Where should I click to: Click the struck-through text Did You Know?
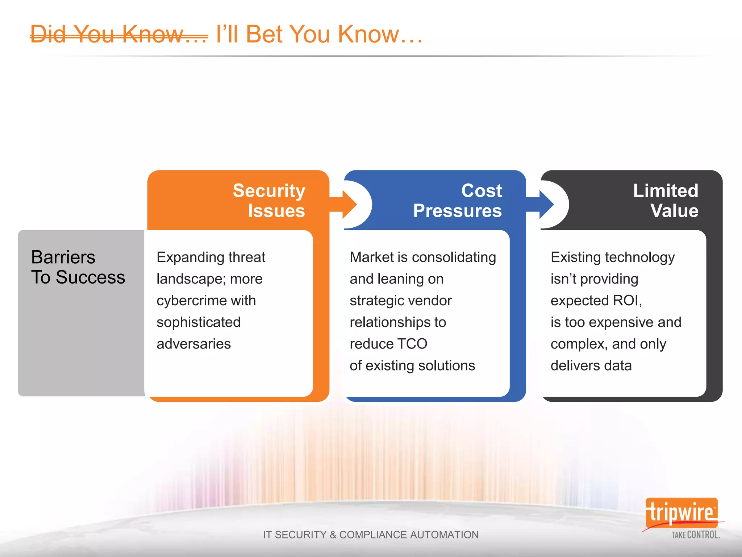119,34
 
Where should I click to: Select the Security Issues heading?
269,201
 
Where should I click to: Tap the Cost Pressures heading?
457,201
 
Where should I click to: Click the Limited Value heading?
666,201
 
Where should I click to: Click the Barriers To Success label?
78,267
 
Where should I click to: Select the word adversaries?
193,344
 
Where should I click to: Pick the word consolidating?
454,257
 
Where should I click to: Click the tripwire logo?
681,513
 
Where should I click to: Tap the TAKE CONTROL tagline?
696,535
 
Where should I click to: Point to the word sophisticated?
199,322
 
